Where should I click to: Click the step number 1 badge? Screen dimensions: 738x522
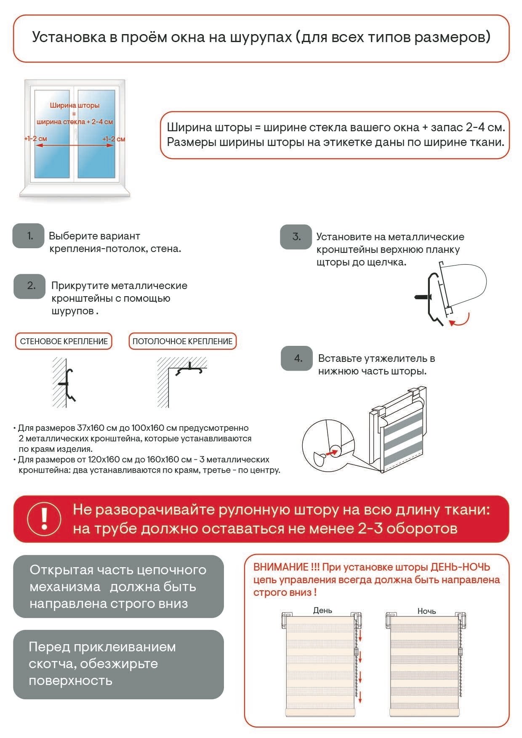pyautogui.click(x=29, y=236)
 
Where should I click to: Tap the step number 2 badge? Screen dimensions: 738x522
pyautogui.click(x=29, y=286)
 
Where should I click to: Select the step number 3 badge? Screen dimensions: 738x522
pyautogui.click(x=296, y=237)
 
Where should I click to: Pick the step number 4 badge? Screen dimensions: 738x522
pyautogui.click(x=297, y=358)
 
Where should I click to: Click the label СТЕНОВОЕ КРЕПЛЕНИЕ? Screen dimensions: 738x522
pyautogui.click(x=64, y=341)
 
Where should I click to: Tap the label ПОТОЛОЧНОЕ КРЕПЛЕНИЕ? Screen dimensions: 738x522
pyautogui.click(x=182, y=341)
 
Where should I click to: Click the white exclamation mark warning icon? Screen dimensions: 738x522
pyautogui.click(x=44, y=518)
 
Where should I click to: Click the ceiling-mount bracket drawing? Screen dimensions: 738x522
pyautogui.click(x=189, y=369)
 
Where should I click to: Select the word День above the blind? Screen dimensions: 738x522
pyautogui.click(x=322, y=610)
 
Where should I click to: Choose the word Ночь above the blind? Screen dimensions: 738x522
pyautogui.click(x=426, y=611)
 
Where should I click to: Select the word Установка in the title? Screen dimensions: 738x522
pyautogui.click(x=69, y=37)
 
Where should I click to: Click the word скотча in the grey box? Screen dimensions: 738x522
pyautogui.click(x=51, y=664)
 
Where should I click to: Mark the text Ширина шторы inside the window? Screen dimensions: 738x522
pyautogui.click(x=75, y=105)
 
